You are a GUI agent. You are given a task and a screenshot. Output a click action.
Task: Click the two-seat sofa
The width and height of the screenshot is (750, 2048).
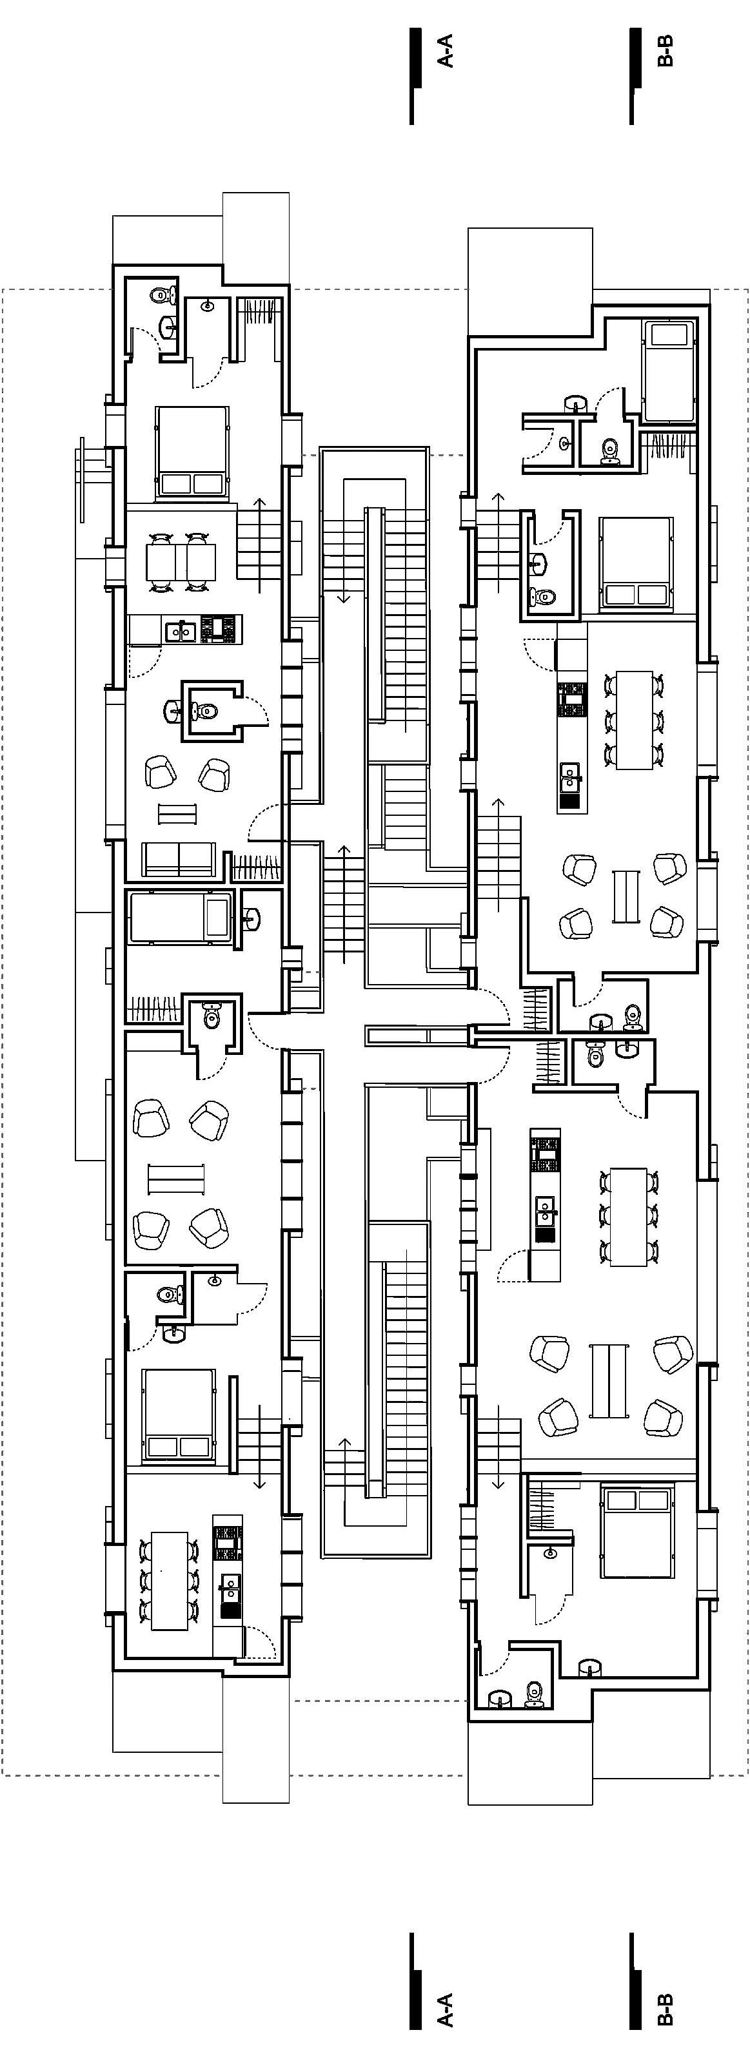pyautogui.click(x=178, y=858)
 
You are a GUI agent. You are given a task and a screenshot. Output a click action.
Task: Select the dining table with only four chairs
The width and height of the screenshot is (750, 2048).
pyautogui.click(x=181, y=562)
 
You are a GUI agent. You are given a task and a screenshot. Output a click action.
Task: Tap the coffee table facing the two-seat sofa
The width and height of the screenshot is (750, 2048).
pyautogui.click(x=177, y=813)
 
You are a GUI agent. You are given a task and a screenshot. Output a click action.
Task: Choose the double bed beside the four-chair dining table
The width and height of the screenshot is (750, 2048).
pyautogui.click(x=192, y=452)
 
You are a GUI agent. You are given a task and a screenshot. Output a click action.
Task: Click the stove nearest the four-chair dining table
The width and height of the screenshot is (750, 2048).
pyautogui.click(x=218, y=629)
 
